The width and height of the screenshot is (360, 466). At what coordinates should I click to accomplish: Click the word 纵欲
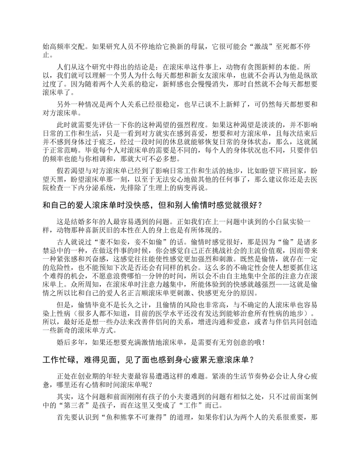(x=310, y=76)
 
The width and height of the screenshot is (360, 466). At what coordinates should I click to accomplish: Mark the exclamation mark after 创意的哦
(x=264, y=342)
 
